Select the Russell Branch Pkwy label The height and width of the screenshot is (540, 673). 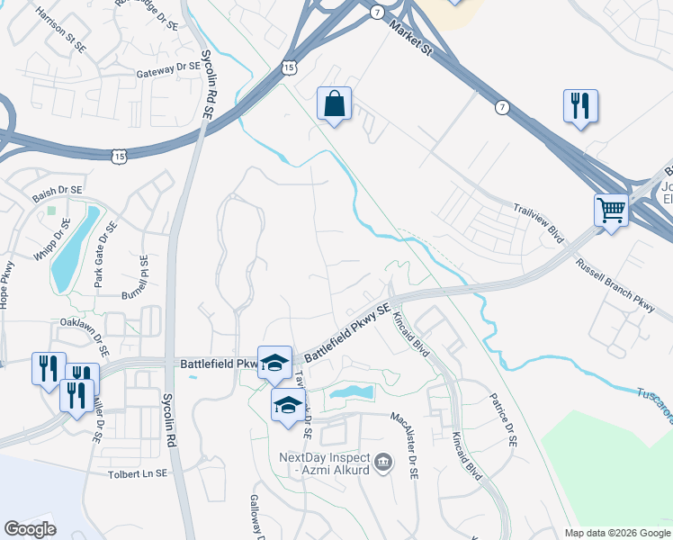click(616, 279)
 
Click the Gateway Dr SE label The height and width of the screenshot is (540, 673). click(168, 69)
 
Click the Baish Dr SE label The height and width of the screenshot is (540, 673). click(57, 191)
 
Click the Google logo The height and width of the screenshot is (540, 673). click(30, 529)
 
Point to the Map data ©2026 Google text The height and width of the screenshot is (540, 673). click(617, 533)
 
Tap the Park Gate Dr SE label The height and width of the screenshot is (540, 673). click(106, 260)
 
